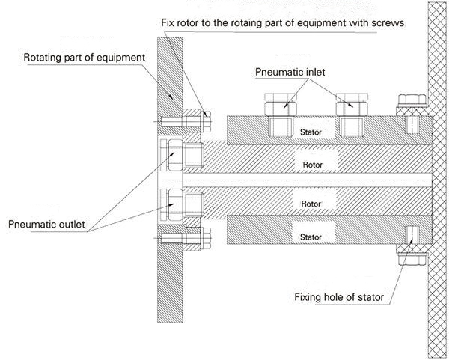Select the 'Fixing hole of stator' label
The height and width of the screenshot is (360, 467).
click(339, 298)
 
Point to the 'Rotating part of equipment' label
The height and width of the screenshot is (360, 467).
click(84, 57)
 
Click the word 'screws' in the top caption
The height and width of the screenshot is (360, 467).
click(390, 23)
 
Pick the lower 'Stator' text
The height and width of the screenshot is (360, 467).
click(311, 237)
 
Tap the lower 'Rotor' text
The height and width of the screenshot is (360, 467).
click(312, 202)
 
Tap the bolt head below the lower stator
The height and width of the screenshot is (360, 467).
click(409, 259)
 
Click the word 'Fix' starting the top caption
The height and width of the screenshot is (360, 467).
click(169, 23)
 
